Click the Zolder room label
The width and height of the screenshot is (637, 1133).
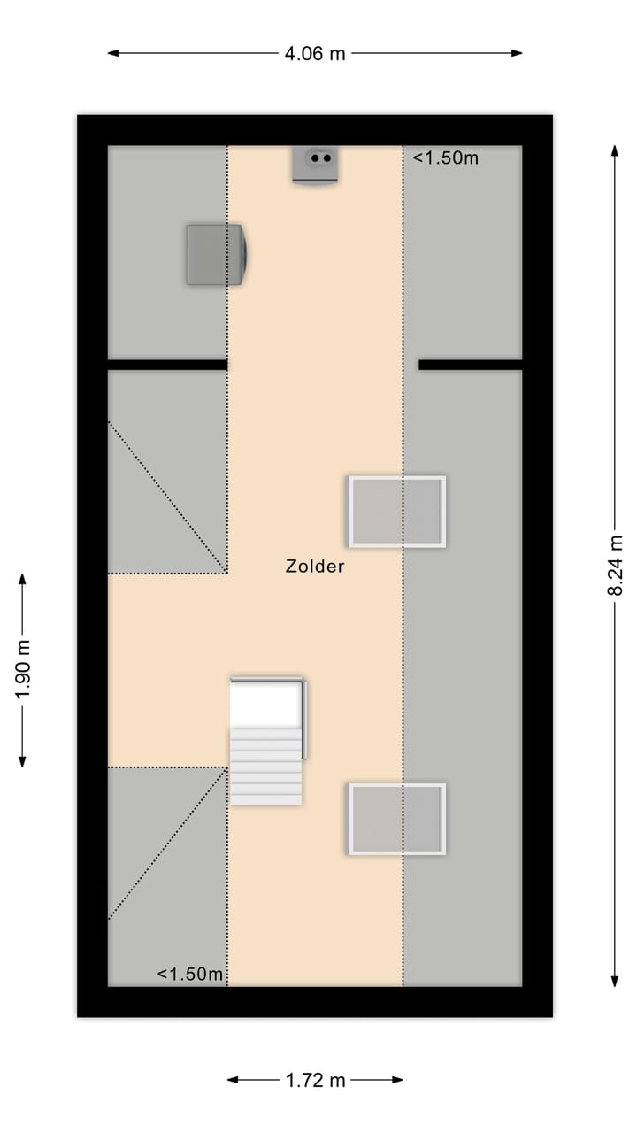[314, 566]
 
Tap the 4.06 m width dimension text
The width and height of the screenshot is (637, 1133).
[314, 53]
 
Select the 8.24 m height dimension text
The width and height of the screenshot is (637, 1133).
[616, 566]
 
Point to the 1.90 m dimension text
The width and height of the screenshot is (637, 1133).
[23, 669]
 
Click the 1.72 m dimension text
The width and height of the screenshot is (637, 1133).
[315, 1080]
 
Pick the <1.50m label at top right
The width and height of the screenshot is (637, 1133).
[446, 158]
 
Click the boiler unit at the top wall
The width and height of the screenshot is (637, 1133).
[315, 165]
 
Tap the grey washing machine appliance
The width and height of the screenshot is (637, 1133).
[216, 255]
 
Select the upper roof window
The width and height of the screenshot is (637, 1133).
[396, 512]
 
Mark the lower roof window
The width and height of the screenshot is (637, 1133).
[396, 819]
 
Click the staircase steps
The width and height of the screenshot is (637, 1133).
[266, 767]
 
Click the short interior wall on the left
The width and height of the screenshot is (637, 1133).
[167, 365]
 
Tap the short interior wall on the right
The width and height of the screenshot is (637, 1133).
[470, 365]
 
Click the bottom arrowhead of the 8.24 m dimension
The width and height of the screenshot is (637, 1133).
[615, 980]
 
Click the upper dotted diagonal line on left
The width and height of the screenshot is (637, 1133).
[167, 497]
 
